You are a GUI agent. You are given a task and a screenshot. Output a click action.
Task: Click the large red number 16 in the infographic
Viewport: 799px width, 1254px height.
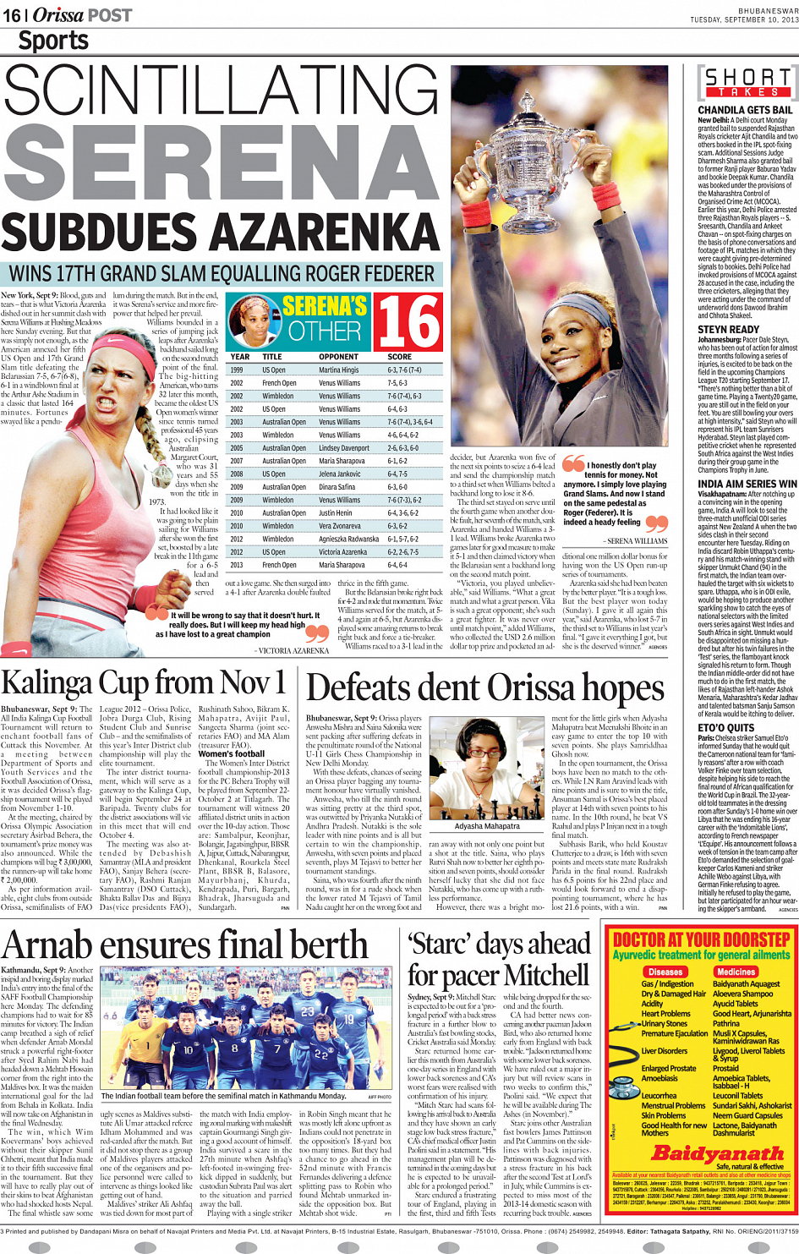(x=408, y=321)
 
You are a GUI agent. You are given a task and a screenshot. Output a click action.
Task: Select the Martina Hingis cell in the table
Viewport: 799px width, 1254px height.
(x=339, y=370)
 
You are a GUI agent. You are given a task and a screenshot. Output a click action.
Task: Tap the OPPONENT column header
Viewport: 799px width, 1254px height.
(x=338, y=357)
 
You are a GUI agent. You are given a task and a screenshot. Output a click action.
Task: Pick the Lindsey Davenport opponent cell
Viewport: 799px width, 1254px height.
(x=344, y=448)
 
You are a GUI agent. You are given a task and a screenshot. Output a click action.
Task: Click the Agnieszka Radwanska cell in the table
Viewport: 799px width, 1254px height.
(x=348, y=539)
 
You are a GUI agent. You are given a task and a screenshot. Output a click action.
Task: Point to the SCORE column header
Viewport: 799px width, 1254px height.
(x=399, y=357)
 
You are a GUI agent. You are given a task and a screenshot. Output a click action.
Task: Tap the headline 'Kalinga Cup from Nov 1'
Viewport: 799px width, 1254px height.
(x=143, y=682)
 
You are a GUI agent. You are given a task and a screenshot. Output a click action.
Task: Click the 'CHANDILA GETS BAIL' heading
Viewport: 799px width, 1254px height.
(x=745, y=110)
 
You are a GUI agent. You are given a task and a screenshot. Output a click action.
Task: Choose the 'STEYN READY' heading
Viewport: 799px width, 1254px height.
(x=728, y=330)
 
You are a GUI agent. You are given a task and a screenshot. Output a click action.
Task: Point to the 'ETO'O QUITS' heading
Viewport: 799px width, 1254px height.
(x=725, y=727)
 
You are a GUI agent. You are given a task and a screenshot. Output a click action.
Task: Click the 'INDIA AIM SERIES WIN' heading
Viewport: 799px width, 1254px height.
(x=747, y=485)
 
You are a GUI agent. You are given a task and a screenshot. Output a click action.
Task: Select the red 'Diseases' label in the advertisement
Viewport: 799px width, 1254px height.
(x=665, y=972)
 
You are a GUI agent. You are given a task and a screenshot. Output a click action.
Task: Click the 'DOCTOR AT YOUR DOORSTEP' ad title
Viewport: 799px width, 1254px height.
(x=702, y=940)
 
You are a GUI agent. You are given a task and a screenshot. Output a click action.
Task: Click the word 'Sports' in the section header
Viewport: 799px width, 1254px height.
(x=53, y=40)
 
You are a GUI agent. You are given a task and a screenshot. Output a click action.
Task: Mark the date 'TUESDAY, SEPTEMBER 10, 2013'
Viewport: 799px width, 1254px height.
(x=743, y=19)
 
